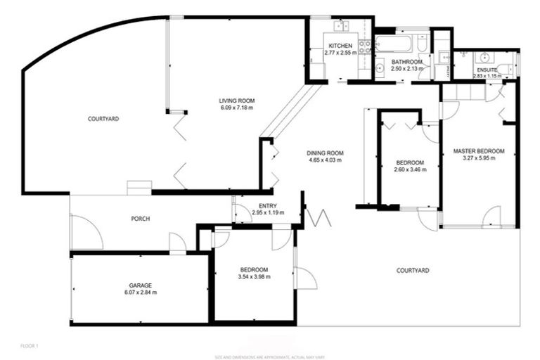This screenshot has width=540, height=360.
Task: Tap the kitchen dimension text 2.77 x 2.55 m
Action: [x=340, y=53]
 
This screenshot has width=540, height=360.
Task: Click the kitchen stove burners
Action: [x=365, y=47]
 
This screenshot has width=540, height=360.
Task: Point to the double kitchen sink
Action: [x=342, y=26]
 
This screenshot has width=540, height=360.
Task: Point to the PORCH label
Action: [x=141, y=219]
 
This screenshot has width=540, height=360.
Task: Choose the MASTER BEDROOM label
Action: [x=479, y=151]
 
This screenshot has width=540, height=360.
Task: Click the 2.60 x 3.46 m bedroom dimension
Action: [x=409, y=169]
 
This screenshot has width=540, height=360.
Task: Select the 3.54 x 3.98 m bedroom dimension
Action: [x=254, y=277]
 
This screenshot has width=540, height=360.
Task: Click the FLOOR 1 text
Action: [x=30, y=346]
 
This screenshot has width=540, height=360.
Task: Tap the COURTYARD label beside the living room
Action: [x=103, y=119]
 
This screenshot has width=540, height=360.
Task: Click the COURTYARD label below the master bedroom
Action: [x=413, y=270]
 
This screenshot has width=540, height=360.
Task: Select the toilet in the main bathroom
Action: [x=422, y=45]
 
